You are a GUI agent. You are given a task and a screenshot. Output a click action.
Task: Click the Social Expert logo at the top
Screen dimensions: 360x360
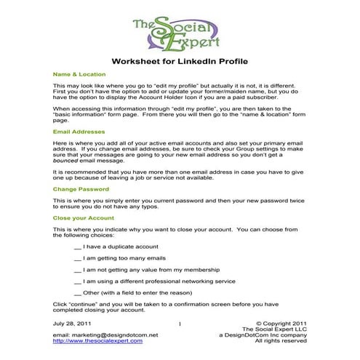(179, 32)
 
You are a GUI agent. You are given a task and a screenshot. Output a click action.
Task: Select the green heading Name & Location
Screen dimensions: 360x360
(79, 74)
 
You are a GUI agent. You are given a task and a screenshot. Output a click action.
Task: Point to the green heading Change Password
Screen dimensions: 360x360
(81, 188)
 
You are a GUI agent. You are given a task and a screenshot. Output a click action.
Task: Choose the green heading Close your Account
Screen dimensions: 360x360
(84, 217)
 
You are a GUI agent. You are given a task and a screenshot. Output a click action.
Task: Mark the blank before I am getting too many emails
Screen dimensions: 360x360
(78, 258)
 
